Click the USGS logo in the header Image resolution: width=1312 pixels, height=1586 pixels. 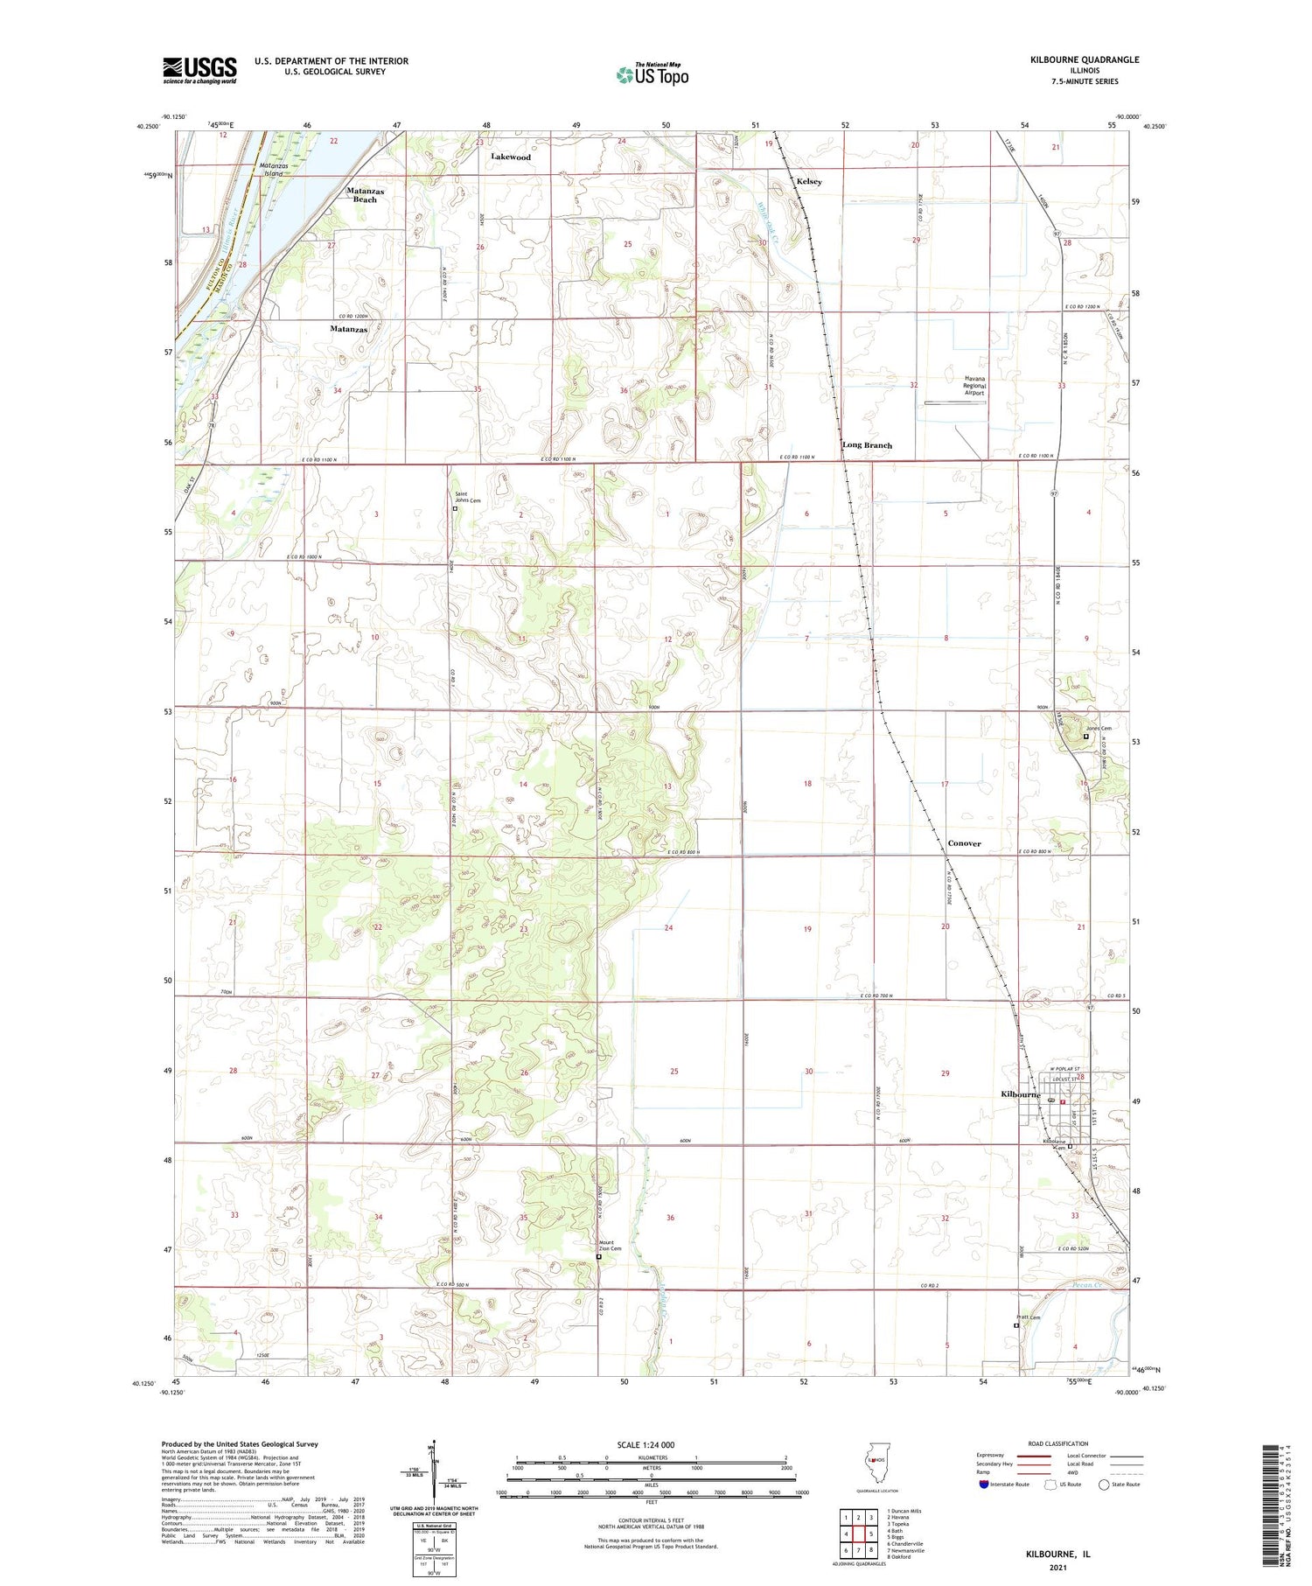199,70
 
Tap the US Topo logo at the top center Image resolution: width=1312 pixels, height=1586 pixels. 652,75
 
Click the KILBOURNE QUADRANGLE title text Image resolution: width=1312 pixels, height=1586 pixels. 1085,59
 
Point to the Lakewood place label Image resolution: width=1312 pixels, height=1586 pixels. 511,157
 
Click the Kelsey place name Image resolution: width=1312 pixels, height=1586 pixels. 809,181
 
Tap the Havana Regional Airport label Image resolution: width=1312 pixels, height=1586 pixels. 974,386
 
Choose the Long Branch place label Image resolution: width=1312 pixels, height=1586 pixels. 867,445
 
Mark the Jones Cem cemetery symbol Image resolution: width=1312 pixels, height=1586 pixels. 1086,737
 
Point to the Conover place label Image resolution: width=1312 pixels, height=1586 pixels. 964,843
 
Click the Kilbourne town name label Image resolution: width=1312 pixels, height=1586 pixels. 1020,1094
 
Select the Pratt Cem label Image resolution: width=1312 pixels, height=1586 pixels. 1029,1317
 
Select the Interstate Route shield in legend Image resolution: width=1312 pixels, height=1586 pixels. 984,1485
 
